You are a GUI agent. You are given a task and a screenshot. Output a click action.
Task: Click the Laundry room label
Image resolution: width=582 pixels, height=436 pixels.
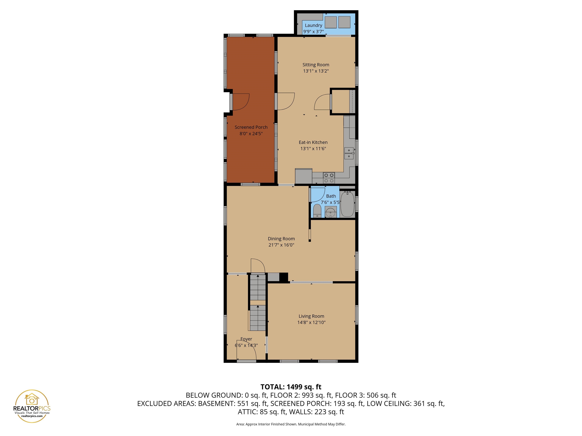click(x=313, y=25)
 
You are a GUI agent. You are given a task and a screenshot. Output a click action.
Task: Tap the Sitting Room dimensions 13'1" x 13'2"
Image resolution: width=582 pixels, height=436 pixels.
click(x=316, y=71)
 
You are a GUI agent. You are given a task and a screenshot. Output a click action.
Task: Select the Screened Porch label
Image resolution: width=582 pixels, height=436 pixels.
click(x=251, y=127)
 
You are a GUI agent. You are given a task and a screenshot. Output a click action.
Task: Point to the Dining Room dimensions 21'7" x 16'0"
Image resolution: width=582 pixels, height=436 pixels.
click(x=281, y=245)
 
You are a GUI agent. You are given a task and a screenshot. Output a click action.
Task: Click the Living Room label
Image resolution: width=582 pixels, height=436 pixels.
click(x=311, y=316)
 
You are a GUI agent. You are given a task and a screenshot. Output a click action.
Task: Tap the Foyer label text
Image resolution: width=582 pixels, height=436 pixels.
click(x=246, y=339)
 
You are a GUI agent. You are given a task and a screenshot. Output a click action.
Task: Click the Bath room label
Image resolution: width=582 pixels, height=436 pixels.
click(x=331, y=196)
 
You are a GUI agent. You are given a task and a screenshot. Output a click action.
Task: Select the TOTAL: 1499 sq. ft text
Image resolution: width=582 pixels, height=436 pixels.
click(x=291, y=387)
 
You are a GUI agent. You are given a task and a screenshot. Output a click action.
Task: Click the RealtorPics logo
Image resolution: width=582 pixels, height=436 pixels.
click(x=32, y=406)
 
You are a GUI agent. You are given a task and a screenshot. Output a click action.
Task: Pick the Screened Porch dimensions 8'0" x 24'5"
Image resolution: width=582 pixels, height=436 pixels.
click(x=251, y=134)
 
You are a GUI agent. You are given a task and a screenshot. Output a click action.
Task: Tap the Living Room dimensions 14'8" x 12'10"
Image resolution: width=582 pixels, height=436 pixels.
click(x=311, y=322)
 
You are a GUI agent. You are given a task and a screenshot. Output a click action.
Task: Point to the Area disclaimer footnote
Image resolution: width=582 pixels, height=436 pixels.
click(x=291, y=424)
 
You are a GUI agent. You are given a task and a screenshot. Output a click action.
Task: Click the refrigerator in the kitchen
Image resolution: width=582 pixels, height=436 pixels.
click(x=304, y=176)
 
